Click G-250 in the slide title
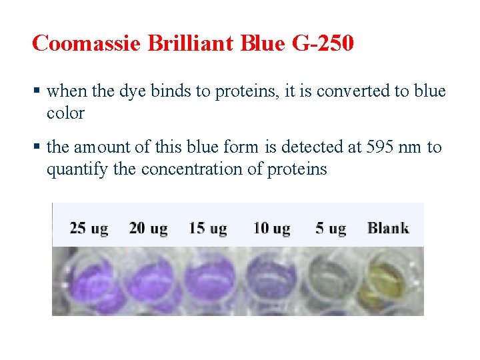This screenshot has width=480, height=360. pos(323,43)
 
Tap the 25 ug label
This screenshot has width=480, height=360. pos(89,229)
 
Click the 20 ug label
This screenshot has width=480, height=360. pos(148,229)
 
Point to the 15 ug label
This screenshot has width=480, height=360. pos(207,229)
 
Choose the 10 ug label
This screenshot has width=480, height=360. pos(271,229)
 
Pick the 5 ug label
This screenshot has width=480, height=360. pos(331,229)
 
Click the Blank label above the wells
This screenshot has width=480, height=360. pos(388,228)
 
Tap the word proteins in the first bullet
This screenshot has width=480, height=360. pos(247,91)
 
